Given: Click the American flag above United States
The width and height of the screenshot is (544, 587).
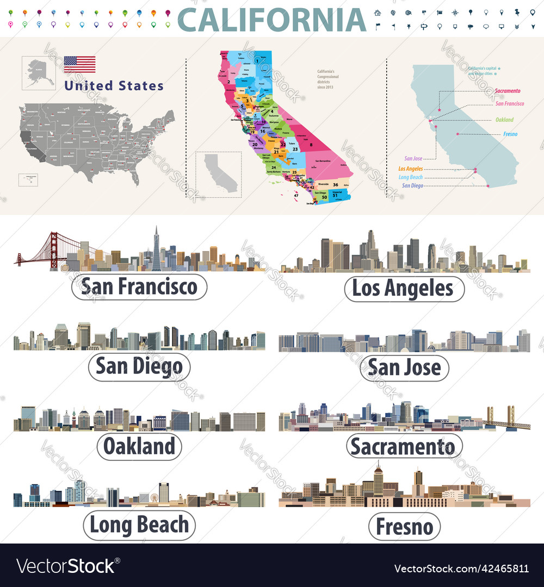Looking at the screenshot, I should point(79,64).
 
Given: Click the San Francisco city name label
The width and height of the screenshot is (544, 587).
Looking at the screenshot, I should point(139,286).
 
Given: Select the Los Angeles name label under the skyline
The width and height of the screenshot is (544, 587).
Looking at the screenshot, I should point(404,289).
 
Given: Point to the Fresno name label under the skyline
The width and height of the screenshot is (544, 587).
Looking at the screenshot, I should point(404,526).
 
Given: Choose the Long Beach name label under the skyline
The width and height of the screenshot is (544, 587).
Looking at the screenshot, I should point(139,525).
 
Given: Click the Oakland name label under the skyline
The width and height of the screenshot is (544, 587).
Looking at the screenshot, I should point(139,446).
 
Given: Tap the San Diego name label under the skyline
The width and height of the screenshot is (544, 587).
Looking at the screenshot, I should point(139,367).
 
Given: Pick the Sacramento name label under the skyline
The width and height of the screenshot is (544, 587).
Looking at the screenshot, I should point(404,446).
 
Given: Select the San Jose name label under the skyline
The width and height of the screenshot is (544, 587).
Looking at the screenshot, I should point(404,368).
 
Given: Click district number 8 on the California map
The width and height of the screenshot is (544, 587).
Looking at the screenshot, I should point(311,145).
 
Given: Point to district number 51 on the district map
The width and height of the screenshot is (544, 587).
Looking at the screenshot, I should point(336,195).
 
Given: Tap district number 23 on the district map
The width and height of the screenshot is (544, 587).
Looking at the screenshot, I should point(294,149).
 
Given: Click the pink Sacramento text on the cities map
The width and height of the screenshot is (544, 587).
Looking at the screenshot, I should point(508,91).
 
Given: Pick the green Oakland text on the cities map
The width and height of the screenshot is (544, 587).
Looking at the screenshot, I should point(504,120).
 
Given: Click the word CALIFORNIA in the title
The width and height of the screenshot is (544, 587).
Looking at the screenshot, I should point(272,20).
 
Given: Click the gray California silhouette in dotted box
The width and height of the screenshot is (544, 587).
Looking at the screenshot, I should point(220,172).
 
